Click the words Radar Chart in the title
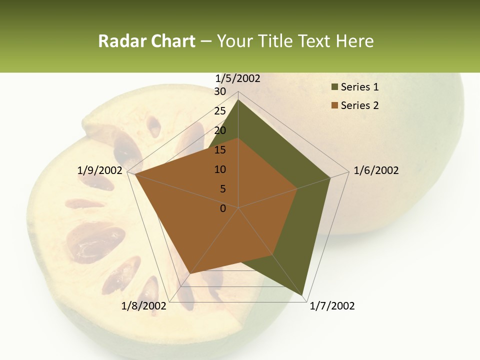pyautogui.click(x=146, y=41)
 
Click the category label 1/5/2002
pyautogui.click(x=237, y=78)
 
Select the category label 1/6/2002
pyautogui.click(x=376, y=170)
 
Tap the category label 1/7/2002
pyautogui.click(x=332, y=306)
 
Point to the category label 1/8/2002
pyautogui.click(x=144, y=306)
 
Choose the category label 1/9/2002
pyautogui.click(x=99, y=170)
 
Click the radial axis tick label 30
pyautogui.click(x=220, y=91)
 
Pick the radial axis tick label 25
pyautogui.click(x=220, y=111)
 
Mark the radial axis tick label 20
pyautogui.click(x=220, y=130)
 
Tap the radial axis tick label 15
pyautogui.click(x=220, y=150)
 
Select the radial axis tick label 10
pyautogui.click(x=220, y=169)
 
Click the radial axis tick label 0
pyautogui.click(x=223, y=208)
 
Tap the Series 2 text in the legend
pyautogui.click(x=359, y=105)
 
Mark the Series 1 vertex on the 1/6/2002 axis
pyautogui.click(x=330, y=177)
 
